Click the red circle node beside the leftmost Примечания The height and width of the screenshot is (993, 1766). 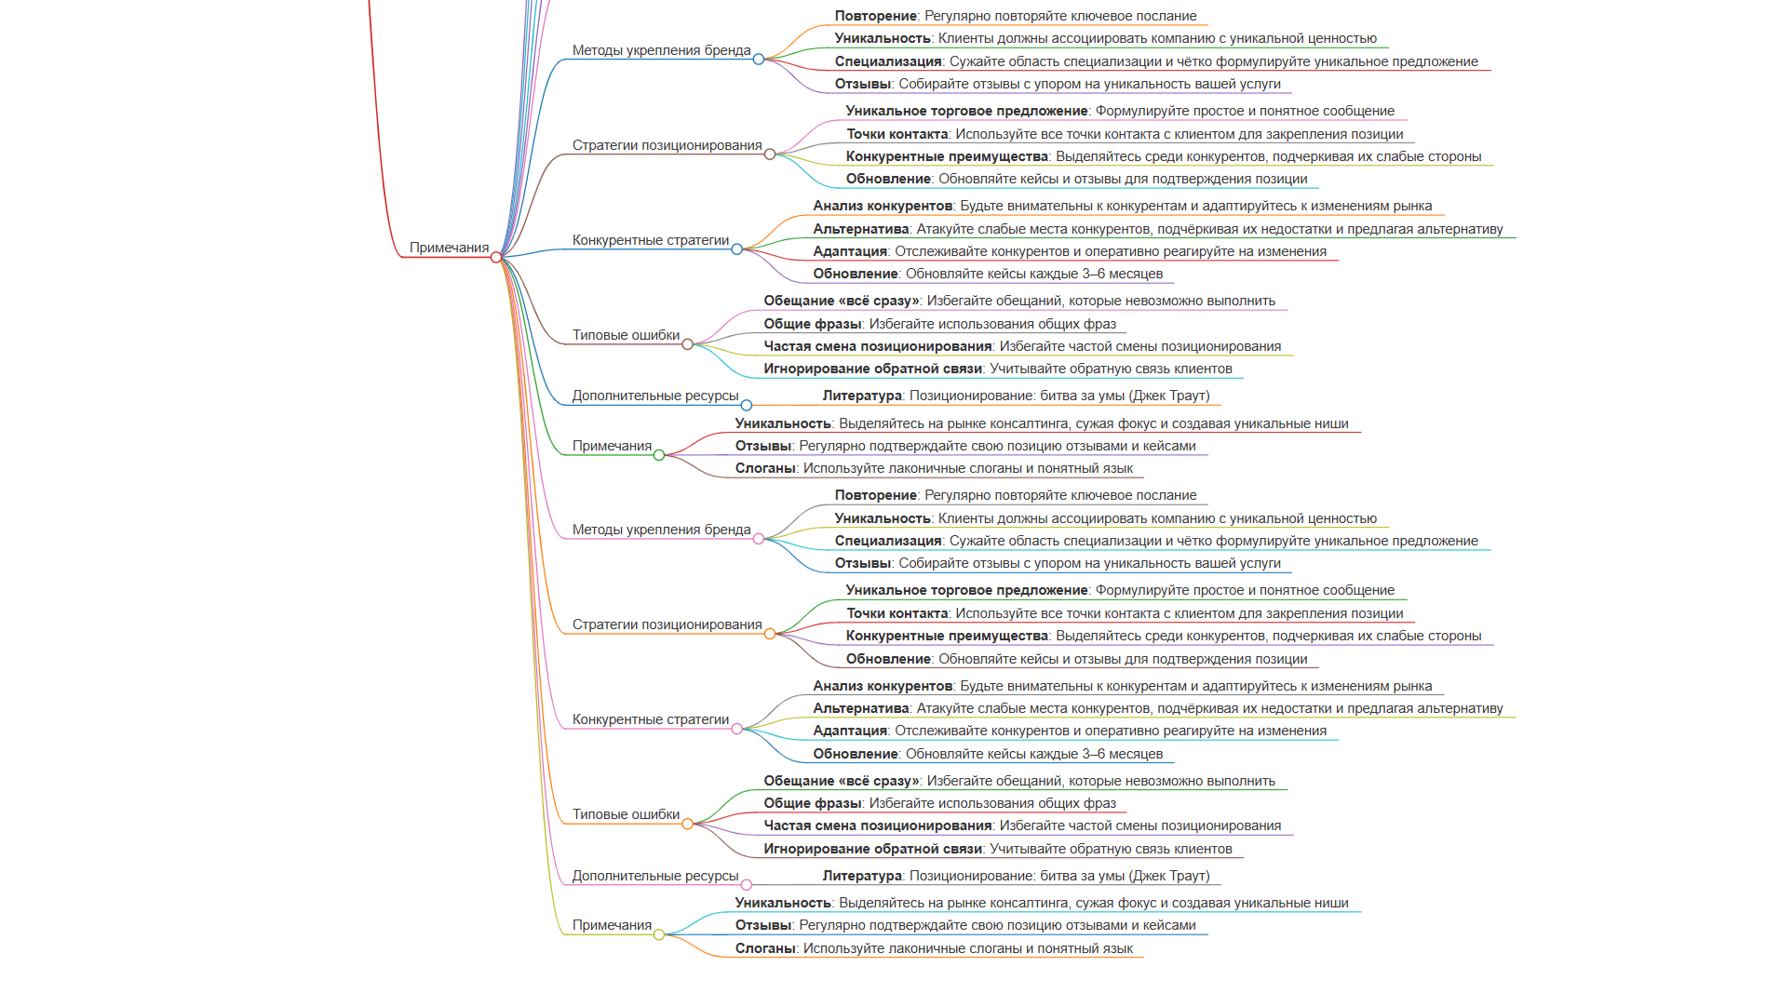(496, 257)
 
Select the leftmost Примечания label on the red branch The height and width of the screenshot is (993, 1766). (449, 248)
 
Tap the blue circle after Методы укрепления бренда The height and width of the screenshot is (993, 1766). (759, 60)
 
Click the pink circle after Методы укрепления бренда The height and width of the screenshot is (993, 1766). (759, 539)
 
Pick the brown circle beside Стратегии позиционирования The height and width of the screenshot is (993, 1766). (770, 154)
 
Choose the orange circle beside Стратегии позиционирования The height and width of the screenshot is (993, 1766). (770, 634)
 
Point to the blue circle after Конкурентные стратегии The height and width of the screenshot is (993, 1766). (737, 249)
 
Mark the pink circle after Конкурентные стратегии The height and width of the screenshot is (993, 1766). (737, 729)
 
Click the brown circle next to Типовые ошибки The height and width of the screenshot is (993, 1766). (688, 344)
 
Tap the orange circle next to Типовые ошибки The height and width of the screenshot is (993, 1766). (688, 824)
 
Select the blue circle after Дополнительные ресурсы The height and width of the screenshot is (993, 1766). (747, 405)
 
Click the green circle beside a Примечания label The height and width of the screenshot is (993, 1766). (659, 455)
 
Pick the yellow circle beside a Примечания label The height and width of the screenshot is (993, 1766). (659, 934)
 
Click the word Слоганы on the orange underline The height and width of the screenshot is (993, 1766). (765, 948)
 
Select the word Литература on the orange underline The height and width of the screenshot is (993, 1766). (862, 396)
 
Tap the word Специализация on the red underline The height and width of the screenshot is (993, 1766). (888, 61)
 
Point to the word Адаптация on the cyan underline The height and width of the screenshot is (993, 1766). (850, 731)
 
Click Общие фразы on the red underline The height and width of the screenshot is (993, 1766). (813, 803)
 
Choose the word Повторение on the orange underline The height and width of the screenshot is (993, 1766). (876, 16)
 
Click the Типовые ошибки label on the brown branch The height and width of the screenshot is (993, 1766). (626, 335)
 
